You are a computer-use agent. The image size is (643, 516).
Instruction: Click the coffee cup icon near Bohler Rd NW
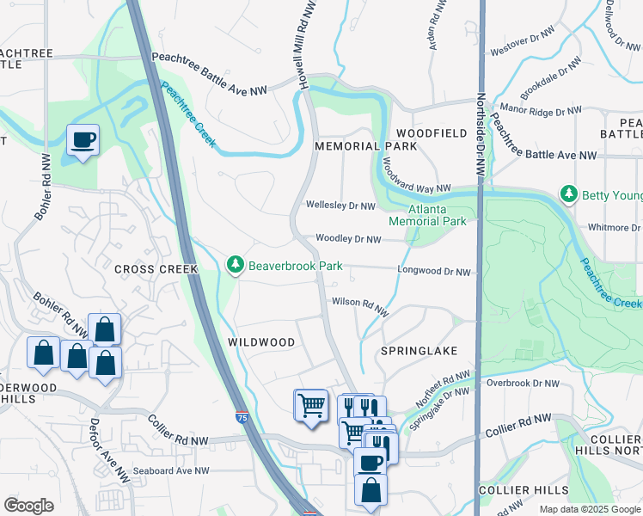coord(83,139)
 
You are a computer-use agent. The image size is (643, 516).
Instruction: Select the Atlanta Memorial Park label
coord(426,215)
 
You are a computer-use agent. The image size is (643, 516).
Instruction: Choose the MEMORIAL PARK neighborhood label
coord(365,146)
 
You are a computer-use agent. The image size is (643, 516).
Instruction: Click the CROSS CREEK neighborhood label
coord(156,269)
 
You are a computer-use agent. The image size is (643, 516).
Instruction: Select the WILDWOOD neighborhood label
coord(261,342)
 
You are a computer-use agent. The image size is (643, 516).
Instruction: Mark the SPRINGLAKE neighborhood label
coord(419,352)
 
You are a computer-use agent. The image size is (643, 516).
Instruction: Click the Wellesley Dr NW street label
coord(340,206)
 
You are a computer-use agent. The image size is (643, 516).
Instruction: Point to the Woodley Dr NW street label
coord(348,238)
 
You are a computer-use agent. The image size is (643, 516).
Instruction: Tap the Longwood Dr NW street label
coord(434,272)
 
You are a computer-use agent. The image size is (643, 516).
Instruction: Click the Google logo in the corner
coord(28,506)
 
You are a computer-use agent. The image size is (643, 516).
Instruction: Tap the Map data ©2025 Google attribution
coord(590,509)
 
